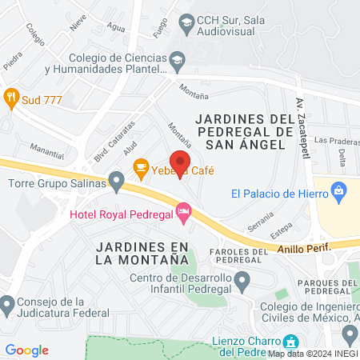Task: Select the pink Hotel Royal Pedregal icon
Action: (184, 213)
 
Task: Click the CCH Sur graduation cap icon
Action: (186, 22)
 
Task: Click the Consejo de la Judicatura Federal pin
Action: (7, 305)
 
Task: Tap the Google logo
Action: (26, 350)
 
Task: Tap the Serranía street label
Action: (260, 221)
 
